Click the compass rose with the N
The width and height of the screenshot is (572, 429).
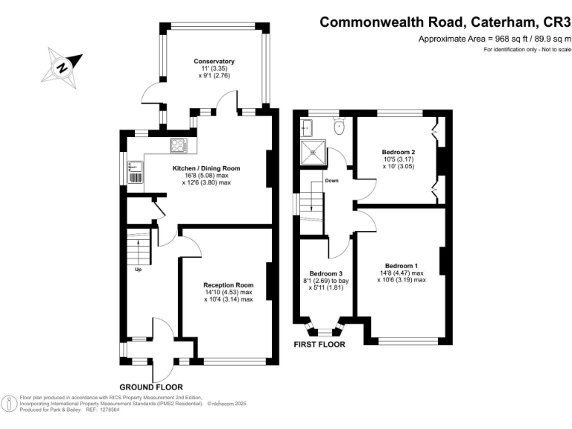pyautogui.click(x=63, y=65)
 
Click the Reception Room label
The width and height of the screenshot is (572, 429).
pyautogui.click(x=229, y=285)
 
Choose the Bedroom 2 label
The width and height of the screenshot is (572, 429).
pyautogui.click(x=398, y=153)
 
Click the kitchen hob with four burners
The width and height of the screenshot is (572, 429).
pyautogui.click(x=179, y=146)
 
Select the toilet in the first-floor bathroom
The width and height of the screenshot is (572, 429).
pyautogui.click(x=340, y=127)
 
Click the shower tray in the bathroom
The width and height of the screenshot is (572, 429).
pyautogui.click(x=312, y=153)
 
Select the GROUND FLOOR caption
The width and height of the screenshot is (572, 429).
pyautogui.click(x=154, y=387)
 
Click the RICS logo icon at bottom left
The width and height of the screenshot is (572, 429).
pyautogui.click(x=10, y=403)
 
